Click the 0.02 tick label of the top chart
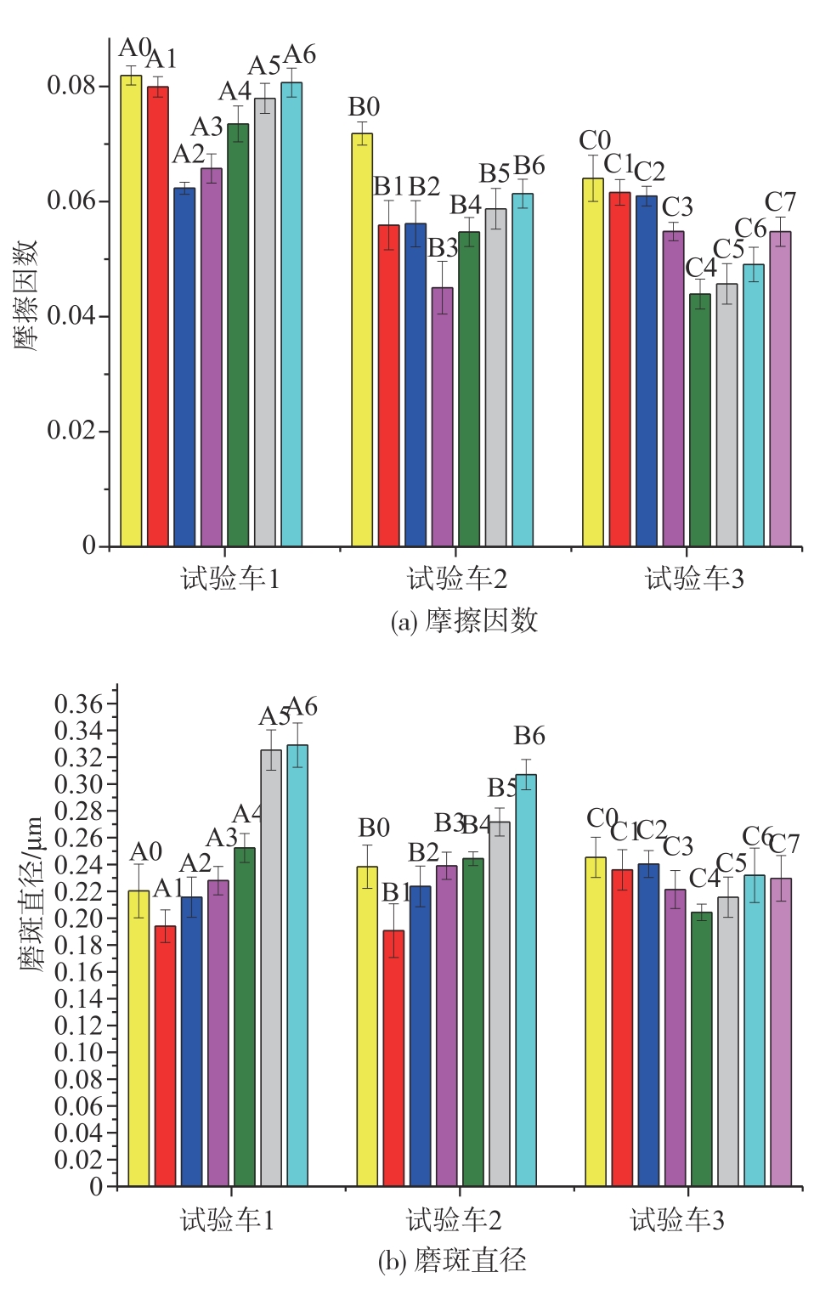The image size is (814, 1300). pyautogui.click(x=71, y=431)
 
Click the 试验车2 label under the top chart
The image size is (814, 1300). pyautogui.click(x=457, y=579)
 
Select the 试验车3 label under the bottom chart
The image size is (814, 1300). pyautogui.click(x=677, y=1221)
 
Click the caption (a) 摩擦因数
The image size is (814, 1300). pyautogui.click(x=464, y=621)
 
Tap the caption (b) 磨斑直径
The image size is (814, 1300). pyautogui.click(x=452, y=1260)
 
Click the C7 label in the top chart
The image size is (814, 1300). pyautogui.click(x=780, y=202)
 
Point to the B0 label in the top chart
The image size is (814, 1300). pyautogui.click(x=364, y=107)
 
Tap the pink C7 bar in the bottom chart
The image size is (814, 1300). pyautogui.click(x=781, y=1032)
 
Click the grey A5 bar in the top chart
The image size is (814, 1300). pyautogui.click(x=265, y=322)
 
